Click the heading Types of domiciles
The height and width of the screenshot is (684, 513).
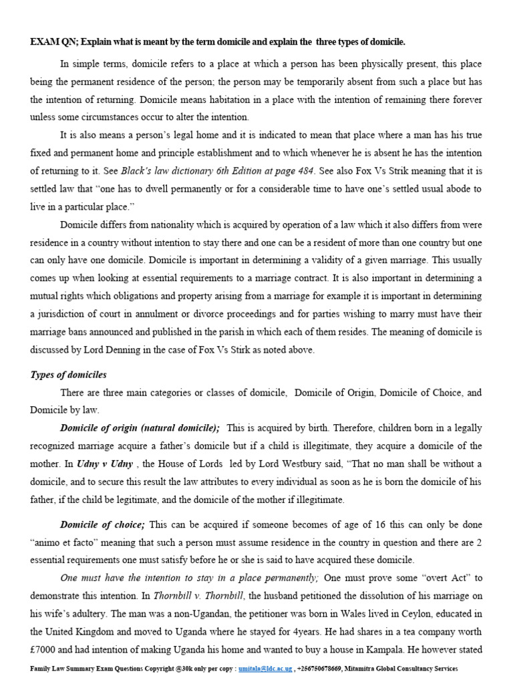(x=68, y=375)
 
